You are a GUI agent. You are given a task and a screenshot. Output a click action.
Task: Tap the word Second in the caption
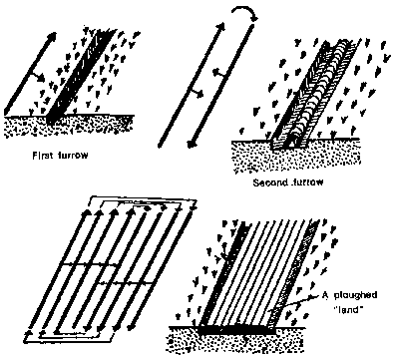click(x=266, y=182)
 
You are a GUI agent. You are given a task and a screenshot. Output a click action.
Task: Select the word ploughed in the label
click(x=355, y=296)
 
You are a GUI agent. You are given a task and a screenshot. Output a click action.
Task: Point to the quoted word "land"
click(x=347, y=309)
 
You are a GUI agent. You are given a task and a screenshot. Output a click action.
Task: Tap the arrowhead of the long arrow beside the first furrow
click(x=52, y=36)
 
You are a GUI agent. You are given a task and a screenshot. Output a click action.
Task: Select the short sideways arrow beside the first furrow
click(x=36, y=77)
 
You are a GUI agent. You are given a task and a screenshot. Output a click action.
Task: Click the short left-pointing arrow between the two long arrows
click(x=220, y=72)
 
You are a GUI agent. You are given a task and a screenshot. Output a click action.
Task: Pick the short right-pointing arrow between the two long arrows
click(x=196, y=93)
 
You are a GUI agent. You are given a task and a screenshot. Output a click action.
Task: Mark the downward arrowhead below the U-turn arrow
click(x=191, y=144)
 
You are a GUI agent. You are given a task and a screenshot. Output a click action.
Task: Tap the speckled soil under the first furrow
click(x=68, y=127)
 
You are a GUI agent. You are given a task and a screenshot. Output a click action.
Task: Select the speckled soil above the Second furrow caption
click(x=296, y=156)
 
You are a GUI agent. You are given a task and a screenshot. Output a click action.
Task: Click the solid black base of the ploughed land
click(x=236, y=330)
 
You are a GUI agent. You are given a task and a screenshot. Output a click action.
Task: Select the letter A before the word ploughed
click(x=325, y=295)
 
